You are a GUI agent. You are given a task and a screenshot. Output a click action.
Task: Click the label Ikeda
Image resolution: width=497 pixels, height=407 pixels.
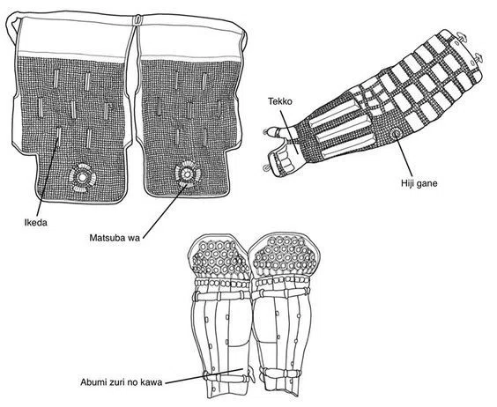tap(36, 223)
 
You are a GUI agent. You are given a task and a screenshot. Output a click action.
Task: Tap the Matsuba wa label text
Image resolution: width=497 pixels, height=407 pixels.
tap(115, 238)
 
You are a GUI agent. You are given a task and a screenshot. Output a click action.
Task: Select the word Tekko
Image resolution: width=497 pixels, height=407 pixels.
tap(280, 101)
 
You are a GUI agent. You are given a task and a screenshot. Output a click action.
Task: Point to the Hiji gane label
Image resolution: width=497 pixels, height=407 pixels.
tap(419, 183)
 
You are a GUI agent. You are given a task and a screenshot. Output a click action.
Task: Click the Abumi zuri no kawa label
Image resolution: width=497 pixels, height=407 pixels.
tap(121, 382)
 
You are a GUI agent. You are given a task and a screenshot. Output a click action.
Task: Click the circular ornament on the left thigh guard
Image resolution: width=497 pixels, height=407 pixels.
tap(82, 177)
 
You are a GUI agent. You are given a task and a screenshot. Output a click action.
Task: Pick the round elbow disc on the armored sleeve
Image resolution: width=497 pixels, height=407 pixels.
tap(396, 135)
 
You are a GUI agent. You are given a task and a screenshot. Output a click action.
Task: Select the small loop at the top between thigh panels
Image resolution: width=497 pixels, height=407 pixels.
tap(137, 19)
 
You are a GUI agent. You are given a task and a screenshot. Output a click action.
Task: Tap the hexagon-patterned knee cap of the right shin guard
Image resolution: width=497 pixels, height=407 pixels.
tap(285, 255)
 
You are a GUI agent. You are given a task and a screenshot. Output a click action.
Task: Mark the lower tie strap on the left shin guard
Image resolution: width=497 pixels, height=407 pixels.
tap(226, 377)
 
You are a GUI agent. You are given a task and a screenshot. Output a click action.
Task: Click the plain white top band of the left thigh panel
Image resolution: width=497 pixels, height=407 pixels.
tap(76, 36)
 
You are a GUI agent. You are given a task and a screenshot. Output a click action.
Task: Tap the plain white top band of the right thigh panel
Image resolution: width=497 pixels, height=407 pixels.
tap(189, 40)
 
